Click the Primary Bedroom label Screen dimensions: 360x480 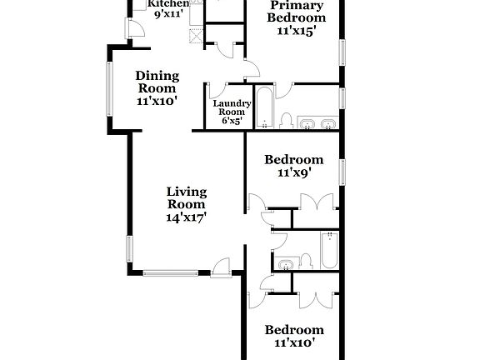coord(296,12)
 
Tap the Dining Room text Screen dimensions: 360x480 coord(157,82)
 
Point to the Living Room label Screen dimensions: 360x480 coord(187,197)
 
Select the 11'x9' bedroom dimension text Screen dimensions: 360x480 coord(293,174)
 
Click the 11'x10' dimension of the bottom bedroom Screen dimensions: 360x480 coord(293,342)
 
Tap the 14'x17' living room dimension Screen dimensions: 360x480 coord(187,217)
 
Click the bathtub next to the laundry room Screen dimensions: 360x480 coord(263,107)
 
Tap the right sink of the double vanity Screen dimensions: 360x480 coord(327,125)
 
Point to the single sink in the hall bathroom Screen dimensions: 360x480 coord(286,265)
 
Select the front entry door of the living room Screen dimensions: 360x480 coord(222,267)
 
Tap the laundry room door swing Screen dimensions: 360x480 coord(217,90)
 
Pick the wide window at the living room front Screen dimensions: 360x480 coord(171,272)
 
